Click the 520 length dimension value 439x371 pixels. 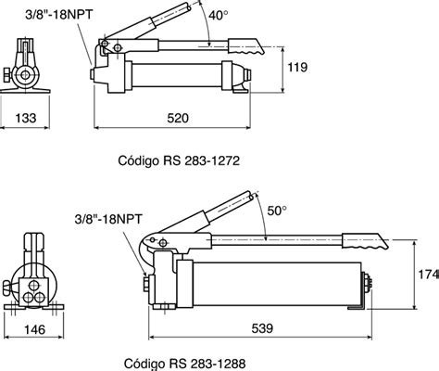[x=178, y=118]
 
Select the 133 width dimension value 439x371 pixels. [x=26, y=118]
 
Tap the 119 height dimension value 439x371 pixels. [x=297, y=67]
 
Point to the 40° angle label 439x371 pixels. [x=218, y=15]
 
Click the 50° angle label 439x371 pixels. [x=277, y=211]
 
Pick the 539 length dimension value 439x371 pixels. [x=262, y=328]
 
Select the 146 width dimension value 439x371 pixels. [x=34, y=329]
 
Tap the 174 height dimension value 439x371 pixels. [x=429, y=274]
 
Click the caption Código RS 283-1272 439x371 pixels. [x=179, y=160]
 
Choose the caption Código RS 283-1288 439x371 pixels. [x=185, y=364]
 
